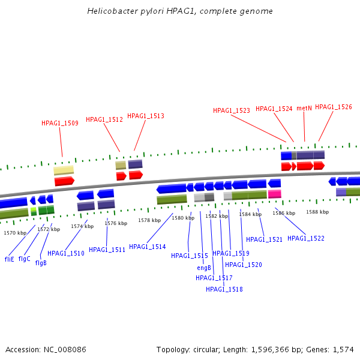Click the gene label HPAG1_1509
tap(60, 123)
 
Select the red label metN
tap(304, 108)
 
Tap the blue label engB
tap(204, 268)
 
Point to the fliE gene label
tap(10, 259)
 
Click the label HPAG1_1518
tap(224, 289)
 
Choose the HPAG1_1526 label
tap(334, 107)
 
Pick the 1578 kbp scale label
tap(149, 220)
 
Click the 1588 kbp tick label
tap(317, 212)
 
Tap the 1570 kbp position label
tap(15, 233)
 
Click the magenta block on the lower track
tap(275, 194)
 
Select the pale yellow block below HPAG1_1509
tap(64, 170)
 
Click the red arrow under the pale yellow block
tap(65, 181)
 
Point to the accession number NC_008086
tap(65, 350)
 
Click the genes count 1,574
tap(343, 350)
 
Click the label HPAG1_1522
tap(306, 238)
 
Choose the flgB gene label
tap(41, 263)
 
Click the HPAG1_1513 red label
tap(146, 116)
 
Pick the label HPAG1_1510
tap(66, 253)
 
